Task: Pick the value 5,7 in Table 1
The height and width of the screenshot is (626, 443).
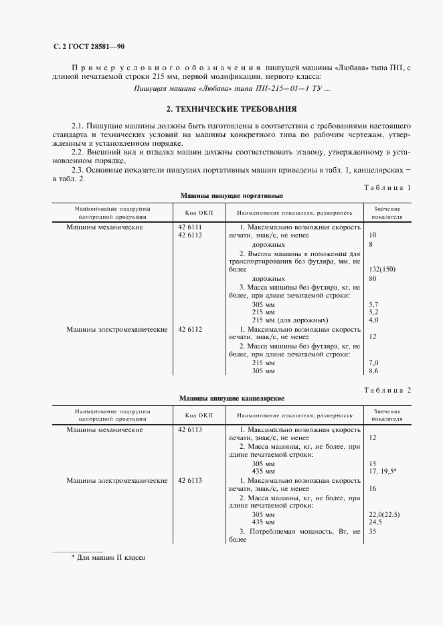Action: (x=374, y=304)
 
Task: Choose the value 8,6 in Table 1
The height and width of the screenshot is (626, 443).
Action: (x=374, y=371)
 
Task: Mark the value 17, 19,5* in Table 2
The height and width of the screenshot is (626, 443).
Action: (x=383, y=472)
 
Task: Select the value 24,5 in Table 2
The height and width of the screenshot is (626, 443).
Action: (x=375, y=522)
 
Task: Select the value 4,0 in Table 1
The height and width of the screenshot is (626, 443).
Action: (x=374, y=320)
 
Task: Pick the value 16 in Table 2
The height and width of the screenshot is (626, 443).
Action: (x=373, y=489)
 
